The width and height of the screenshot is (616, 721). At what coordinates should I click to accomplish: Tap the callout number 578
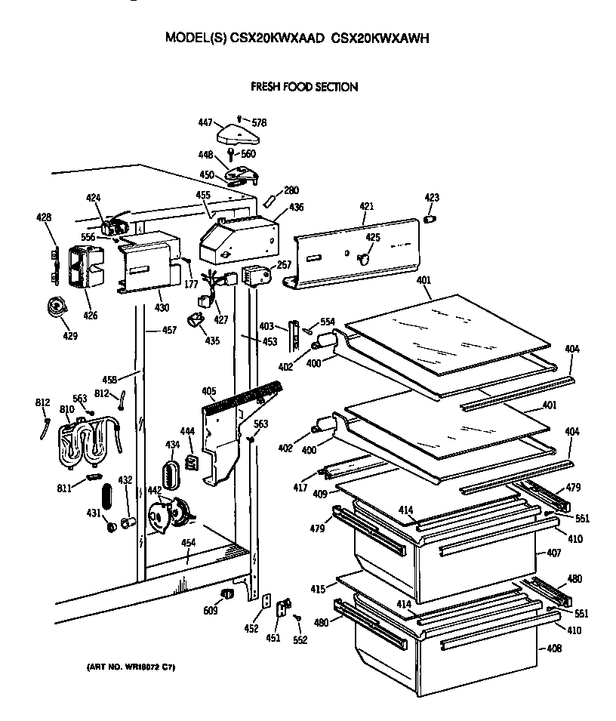point(259,122)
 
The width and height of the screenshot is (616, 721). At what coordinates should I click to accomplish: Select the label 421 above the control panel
point(366,205)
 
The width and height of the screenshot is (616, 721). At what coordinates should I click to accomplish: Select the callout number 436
point(296,207)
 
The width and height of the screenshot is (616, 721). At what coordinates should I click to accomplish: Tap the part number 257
point(284,266)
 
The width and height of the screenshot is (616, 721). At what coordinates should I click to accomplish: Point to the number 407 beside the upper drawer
point(553,553)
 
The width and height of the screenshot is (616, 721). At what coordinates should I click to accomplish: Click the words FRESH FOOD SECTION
point(304,87)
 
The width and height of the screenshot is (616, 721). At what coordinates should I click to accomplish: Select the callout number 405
point(209,391)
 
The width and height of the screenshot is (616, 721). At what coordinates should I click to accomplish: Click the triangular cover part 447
point(239,137)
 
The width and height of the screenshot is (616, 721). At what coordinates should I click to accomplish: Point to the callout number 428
point(44,217)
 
